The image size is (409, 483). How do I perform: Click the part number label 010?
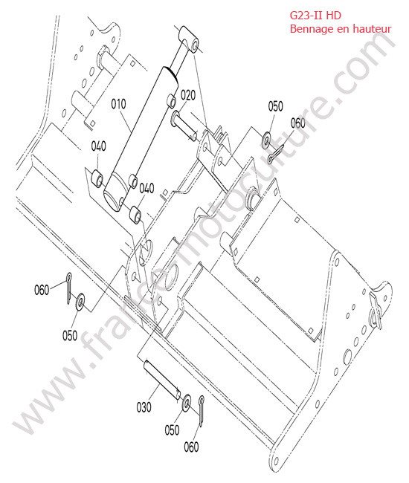coord(119,104)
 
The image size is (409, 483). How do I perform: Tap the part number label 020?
coord(188,95)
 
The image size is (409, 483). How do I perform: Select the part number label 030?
coord(144,407)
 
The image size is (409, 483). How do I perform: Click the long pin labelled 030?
coord(162,380)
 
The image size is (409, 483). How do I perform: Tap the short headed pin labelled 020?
coord(184,126)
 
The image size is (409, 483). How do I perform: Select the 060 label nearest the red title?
coord(297,123)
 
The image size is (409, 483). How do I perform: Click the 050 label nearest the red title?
coord(275,106)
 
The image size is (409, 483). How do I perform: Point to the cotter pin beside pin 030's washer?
coord(202,411)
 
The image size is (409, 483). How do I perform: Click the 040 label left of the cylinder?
coord(99,146)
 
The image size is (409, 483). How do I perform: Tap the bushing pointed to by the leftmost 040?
coord(97,178)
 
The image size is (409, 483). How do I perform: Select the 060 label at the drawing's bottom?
coord(191,447)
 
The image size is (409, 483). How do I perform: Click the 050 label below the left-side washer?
coord(70,335)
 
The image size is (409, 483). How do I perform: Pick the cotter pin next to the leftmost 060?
coord(69,288)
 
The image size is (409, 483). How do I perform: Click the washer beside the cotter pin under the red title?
coord(266,140)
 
